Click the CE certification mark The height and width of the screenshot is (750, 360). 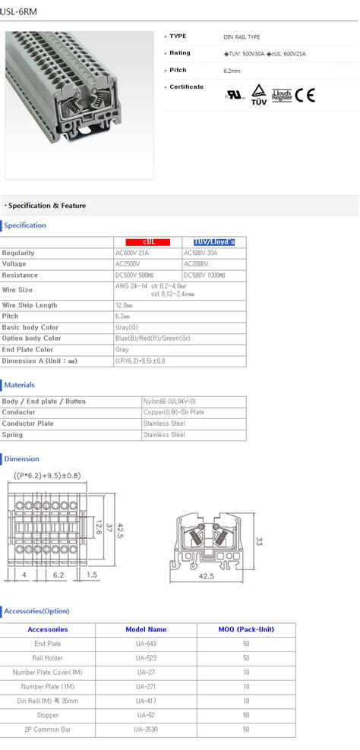pyautogui.click(x=305, y=96)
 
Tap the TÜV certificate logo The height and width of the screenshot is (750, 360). pyautogui.click(x=258, y=93)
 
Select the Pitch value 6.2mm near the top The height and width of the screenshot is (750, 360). pyautogui.click(x=232, y=70)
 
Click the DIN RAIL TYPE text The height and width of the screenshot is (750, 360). pyautogui.click(x=242, y=36)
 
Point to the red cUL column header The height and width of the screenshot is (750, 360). pyautogui.click(x=148, y=241)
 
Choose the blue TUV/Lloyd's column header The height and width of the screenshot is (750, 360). pyautogui.click(x=214, y=241)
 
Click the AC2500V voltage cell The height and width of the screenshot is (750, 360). pyautogui.click(x=128, y=264)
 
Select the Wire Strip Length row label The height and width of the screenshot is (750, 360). pyautogui.click(x=30, y=305)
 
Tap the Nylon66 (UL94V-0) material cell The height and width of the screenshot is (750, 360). pyautogui.click(x=169, y=401)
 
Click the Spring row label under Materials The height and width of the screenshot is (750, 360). pyautogui.click(x=12, y=435)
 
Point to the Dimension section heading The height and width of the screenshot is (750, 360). pyautogui.click(x=21, y=459)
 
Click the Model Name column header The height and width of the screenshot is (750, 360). pyautogui.click(x=146, y=629)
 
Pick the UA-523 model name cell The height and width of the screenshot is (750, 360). pyautogui.click(x=147, y=657)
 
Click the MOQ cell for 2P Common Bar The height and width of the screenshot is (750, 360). pyautogui.click(x=246, y=730)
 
